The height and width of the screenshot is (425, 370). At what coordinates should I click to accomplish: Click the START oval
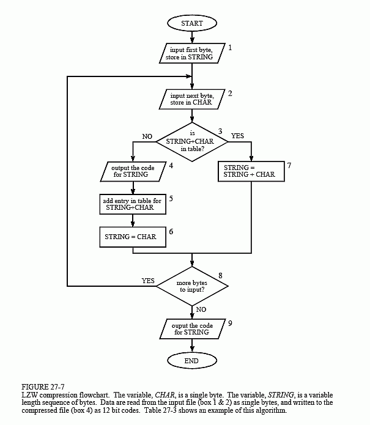point(192,23)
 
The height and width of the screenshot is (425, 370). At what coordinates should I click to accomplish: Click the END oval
point(192,361)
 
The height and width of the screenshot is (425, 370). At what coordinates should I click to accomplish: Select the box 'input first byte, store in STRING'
point(192,53)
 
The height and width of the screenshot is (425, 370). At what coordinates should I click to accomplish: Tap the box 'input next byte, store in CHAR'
point(192,99)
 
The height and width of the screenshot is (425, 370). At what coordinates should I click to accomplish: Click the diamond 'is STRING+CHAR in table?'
point(192,142)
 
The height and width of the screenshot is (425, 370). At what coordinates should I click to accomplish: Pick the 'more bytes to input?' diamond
point(192,286)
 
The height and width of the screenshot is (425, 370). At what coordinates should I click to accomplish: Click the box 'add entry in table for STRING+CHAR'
point(133,204)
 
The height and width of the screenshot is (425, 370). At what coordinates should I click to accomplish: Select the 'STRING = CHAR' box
point(133,237)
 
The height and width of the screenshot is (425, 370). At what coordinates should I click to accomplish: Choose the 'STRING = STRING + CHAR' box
point(251,171)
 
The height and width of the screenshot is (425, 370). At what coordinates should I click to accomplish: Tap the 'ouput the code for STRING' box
point(193,329)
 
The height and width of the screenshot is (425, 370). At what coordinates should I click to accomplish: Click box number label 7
point(289,165)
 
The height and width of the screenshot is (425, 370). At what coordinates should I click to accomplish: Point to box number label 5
point(171,199)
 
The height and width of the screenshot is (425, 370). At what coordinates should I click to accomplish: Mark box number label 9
point(230,323)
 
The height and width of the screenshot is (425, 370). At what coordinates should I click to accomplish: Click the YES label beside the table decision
point(237,136)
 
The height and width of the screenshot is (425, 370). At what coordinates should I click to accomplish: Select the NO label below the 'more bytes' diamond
point(201,309)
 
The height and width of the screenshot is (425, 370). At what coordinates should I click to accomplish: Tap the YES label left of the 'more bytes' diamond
point(148,281)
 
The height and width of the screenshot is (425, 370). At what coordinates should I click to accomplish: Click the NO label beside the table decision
point(147,136)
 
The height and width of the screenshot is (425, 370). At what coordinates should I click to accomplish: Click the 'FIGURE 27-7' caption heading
point(43,387)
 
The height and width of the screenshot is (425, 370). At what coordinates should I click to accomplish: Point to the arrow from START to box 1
point(192,37)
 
